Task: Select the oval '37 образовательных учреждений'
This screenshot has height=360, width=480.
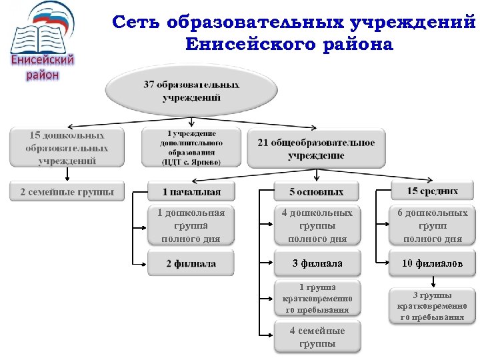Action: click(x=191, y=92)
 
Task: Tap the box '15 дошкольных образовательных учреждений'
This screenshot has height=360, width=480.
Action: click(x=67, y=147)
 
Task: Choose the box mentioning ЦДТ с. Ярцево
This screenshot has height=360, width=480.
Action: click(x=191, y=147)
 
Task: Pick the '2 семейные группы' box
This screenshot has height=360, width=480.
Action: click(x=67, y=191)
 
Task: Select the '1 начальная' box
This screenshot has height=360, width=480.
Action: click(x=191, y=192)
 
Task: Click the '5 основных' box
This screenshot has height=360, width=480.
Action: click(x=316, y=192)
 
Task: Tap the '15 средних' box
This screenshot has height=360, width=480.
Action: click(x=433, y=191)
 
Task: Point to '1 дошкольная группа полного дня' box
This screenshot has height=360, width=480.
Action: click(x=191, y=225)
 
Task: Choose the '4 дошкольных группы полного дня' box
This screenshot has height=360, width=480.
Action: click(x=317, y=225)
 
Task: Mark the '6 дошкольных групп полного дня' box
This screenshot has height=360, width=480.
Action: click(x=433, y=225)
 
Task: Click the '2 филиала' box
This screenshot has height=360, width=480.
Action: click(x=191, y=263)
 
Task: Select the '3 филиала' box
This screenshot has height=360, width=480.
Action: click(x=317, y=263)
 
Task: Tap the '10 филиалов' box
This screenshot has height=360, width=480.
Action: click(x=433, y=263)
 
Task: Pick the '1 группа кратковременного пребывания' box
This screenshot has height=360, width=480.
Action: click(x=317, y=298)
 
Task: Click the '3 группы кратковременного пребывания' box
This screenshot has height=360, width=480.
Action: click(x=433, y=305)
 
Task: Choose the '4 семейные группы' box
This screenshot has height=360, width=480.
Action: click(x=317, y=337)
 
